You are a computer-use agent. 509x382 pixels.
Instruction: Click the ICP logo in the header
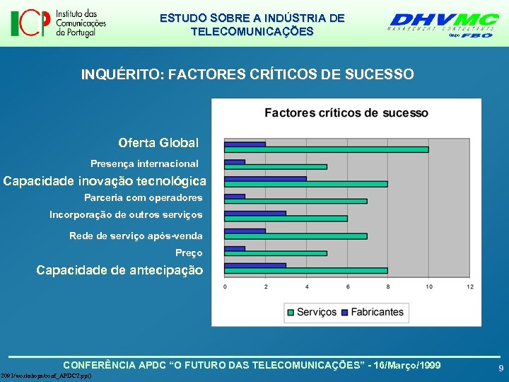(58, 23)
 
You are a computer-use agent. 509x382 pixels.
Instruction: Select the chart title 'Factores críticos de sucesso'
(346, 113)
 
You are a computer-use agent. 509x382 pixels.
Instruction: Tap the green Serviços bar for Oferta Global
(326, 149)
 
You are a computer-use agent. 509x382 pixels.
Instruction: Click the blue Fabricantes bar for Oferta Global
(245, 144)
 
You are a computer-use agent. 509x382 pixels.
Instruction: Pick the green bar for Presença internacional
(275, 167)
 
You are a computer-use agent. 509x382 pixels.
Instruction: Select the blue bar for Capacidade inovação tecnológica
(265, 178)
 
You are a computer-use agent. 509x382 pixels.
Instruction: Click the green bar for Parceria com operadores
(296, 201)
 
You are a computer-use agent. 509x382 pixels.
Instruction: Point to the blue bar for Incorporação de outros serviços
(255, 213)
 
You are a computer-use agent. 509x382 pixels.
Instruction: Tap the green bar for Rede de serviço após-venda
(296, 236)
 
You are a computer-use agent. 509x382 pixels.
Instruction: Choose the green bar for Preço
(275, 253)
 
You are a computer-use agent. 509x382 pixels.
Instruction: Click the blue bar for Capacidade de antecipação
(255, 265)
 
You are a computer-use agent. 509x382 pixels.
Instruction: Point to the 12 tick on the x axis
(470, 286)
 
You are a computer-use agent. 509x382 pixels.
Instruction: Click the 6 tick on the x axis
(347, 286)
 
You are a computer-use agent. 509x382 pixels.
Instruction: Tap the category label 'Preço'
(189, 253)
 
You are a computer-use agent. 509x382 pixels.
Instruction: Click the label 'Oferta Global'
(158, 143)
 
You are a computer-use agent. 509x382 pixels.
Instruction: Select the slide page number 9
(501, 369)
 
